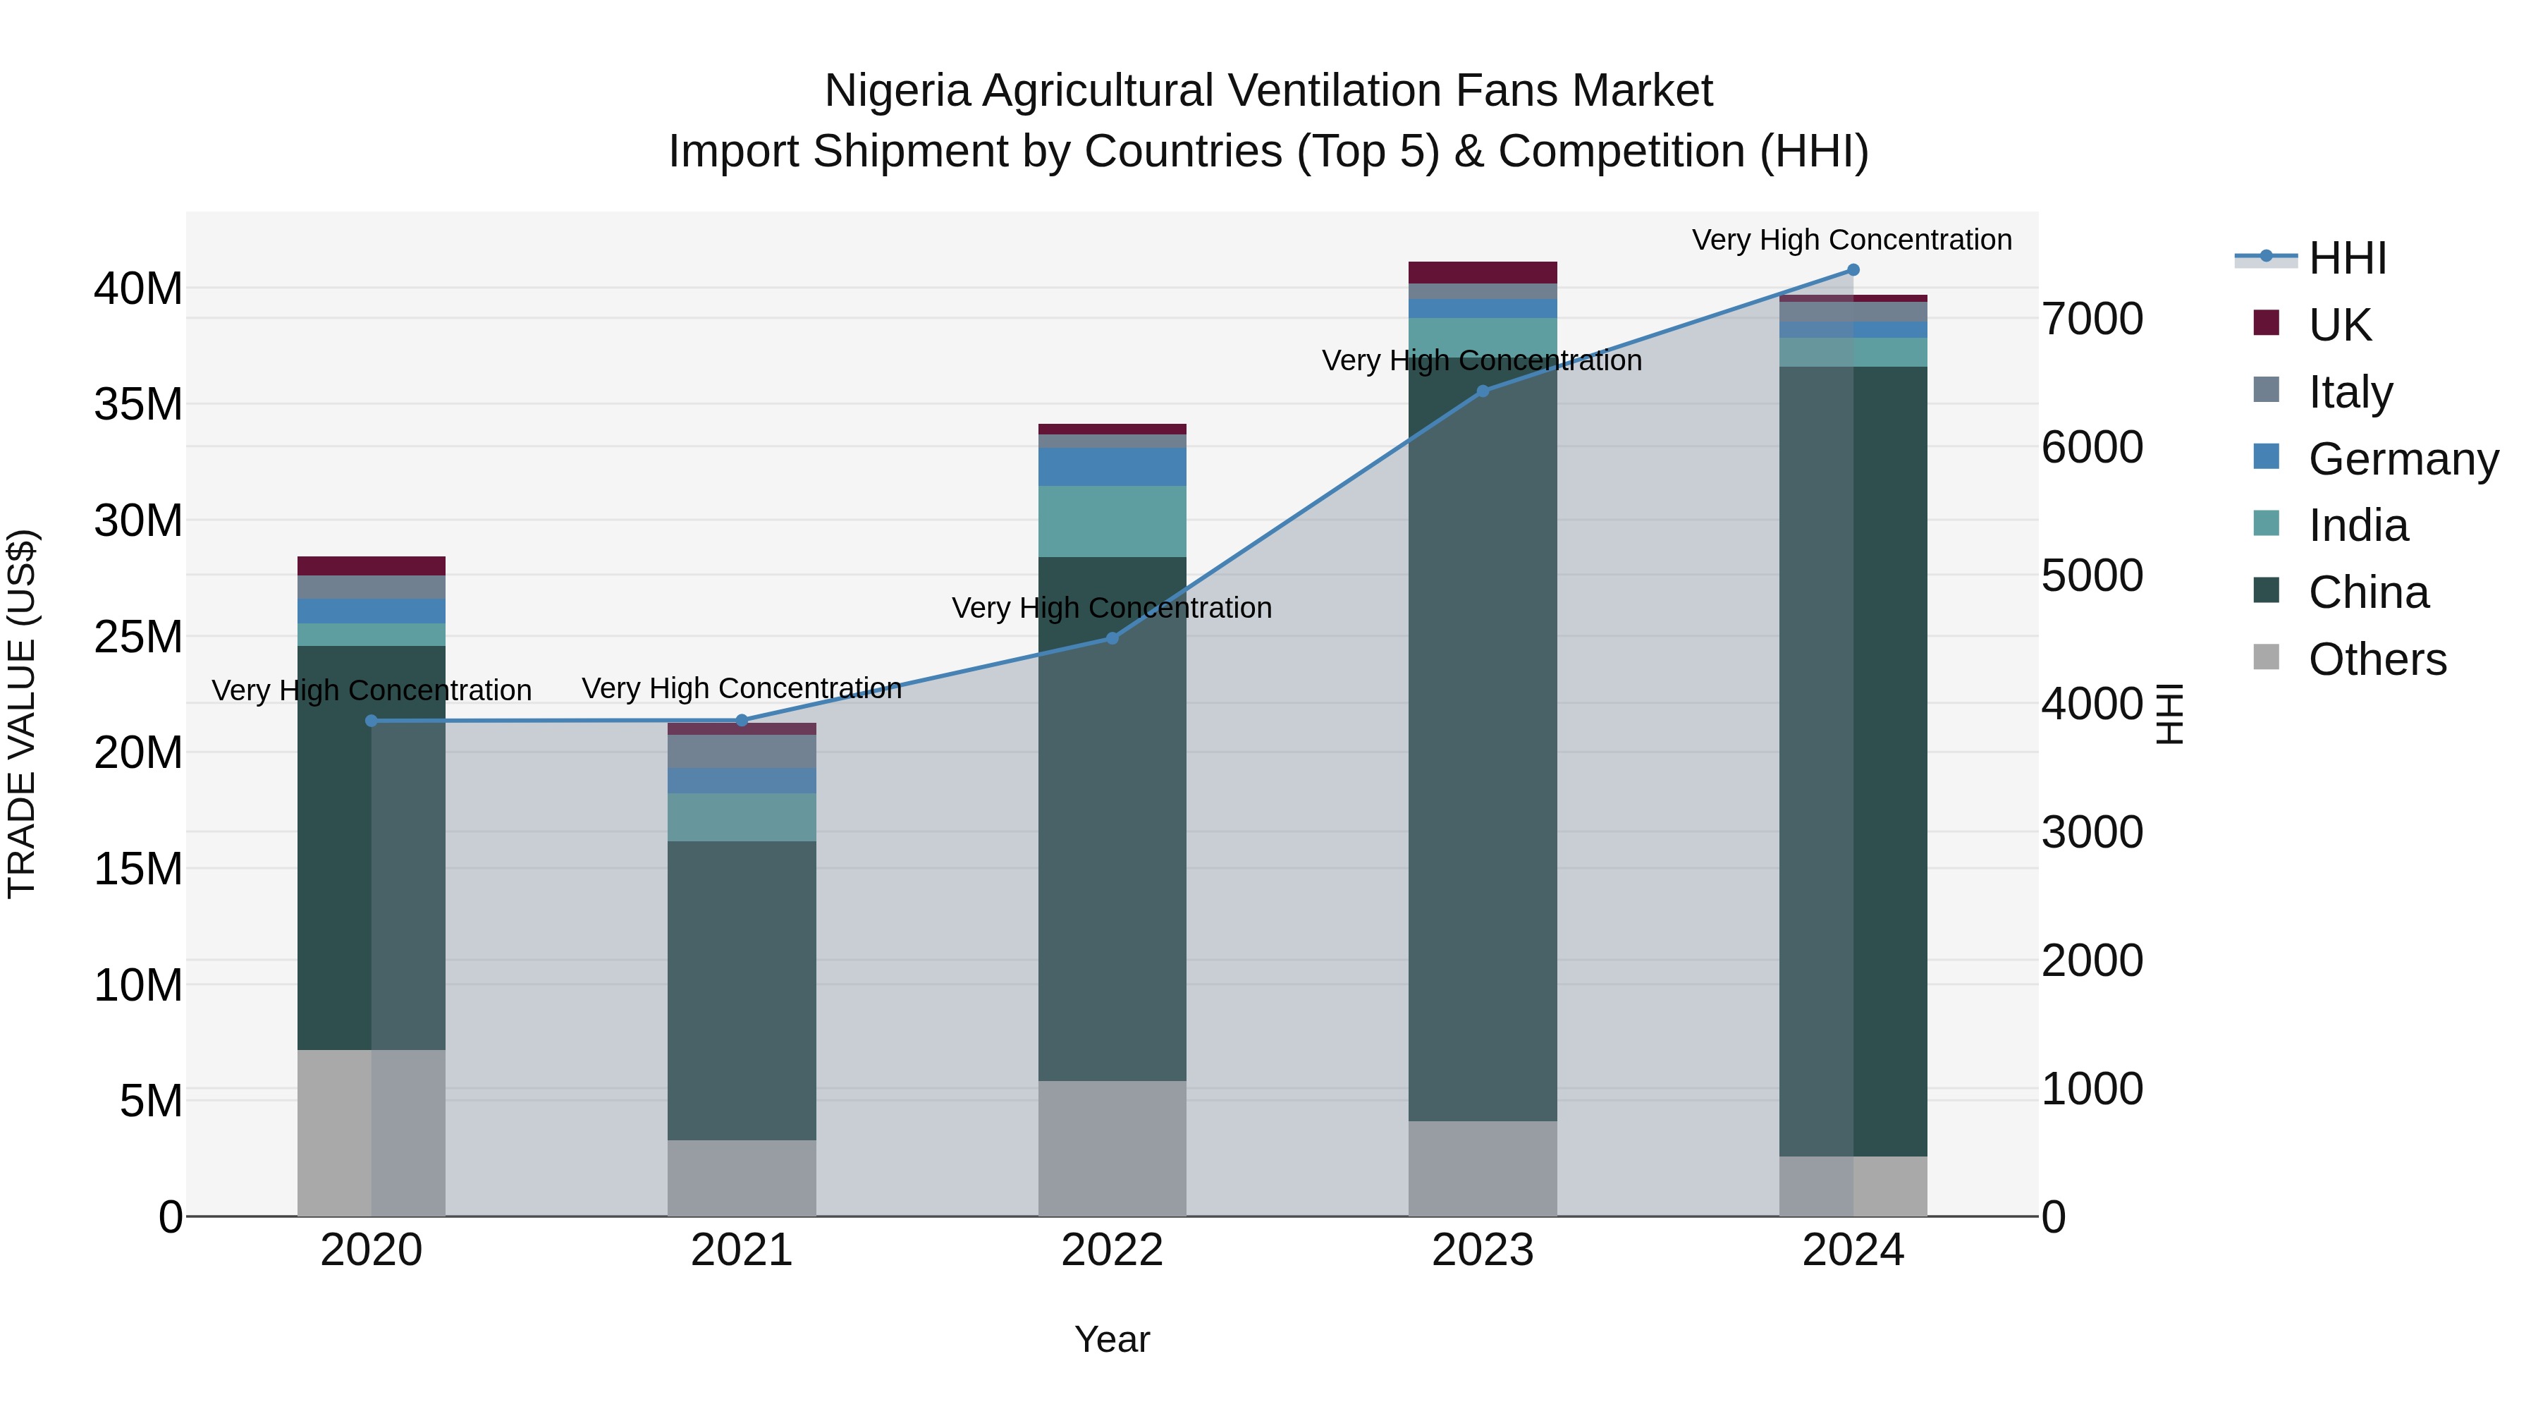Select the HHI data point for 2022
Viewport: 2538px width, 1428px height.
coord(1112,639)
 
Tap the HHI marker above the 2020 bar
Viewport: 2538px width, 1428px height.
coord(372,721)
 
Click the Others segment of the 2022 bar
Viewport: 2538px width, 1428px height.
coord(1112,1148)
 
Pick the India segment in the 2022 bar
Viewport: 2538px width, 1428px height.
coord(1112,521)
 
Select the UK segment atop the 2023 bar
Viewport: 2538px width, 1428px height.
coord(1483,273)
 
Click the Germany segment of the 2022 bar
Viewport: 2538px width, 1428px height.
coord(1112,467)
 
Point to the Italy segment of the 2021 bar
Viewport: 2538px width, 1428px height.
coord(742,751)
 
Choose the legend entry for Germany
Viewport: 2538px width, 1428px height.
coord(2402,459)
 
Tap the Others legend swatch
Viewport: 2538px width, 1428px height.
coord(2266,657)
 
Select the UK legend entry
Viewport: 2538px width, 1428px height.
coord(2339,325)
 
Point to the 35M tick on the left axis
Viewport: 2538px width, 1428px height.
coord(138,405)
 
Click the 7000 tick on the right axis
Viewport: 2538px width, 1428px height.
coord(2092,319)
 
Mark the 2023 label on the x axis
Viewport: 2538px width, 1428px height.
coord(1483,1250)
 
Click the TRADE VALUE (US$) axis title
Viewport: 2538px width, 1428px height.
coord(22,714)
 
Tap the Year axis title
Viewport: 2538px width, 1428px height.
coord(1112,1339)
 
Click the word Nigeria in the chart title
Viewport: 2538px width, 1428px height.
coord(897,92)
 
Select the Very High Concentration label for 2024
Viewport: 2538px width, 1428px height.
coord(1852,240)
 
